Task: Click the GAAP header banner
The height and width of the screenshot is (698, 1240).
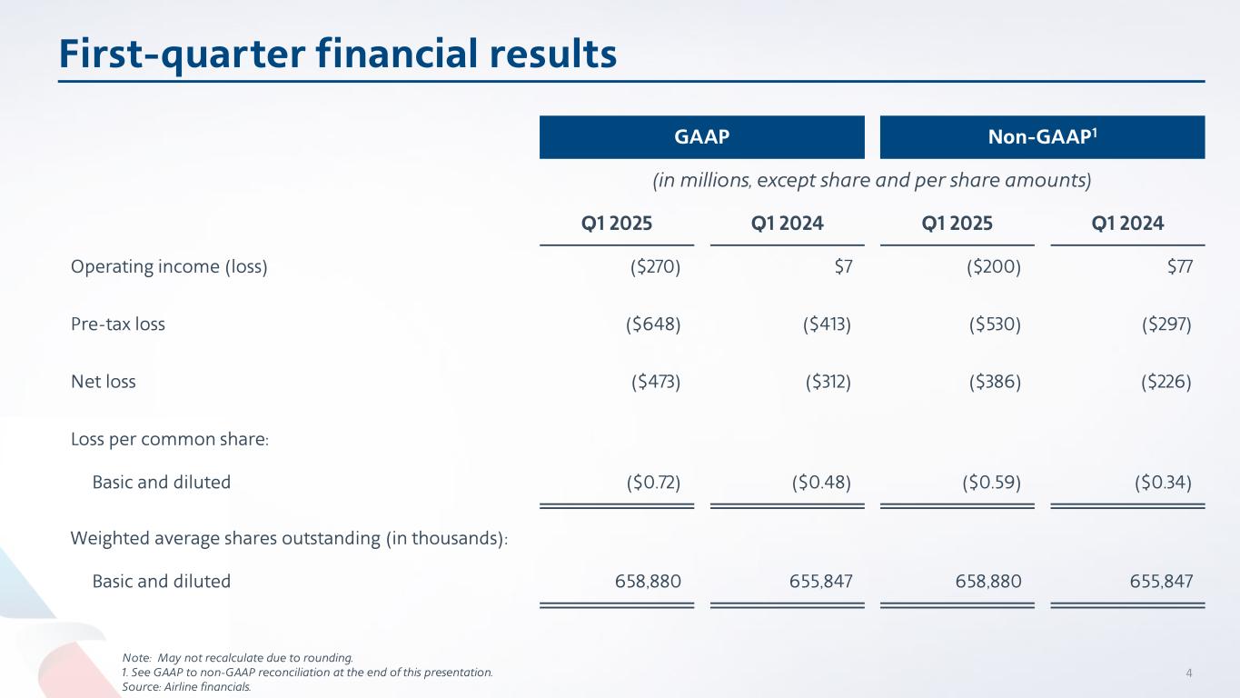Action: tap(701, 137)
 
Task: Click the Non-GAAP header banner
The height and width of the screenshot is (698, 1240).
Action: tap(1042, 137)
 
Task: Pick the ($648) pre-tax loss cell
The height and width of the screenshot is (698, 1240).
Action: tap(653, 324)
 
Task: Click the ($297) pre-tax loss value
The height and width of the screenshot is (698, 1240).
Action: tap(1166, 324)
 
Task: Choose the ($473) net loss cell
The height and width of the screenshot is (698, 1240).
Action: tap(656, 382)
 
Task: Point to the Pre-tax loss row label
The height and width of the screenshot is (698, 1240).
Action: tap(118, 324)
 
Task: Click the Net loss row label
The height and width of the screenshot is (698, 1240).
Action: tap(104, 382)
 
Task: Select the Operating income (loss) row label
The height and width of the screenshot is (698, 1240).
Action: tap(169, 267)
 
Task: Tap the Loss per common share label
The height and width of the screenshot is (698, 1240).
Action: tap(170, 440)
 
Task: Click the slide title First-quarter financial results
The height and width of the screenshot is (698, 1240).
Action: tap(338, 54)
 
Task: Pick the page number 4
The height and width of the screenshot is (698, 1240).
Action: tap(1188, 673)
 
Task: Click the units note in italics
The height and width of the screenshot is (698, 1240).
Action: tap(872, 180)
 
